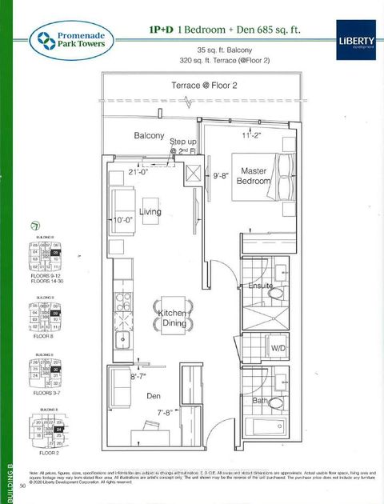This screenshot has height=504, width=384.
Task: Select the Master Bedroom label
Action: pyautogui.click(x=254, y=176)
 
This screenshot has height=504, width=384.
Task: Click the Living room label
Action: pyautogui.click(x=150, y=212)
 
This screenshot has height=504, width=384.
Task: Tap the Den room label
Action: pyautogui.click(x=155, y=394)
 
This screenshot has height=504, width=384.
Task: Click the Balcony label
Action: pyautogui.click(x=150, y=136)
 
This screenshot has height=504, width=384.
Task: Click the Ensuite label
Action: pyautogui.click(x=260, y=286)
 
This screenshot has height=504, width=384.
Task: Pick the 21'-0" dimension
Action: pyautogui.click(x=142, y=171)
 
